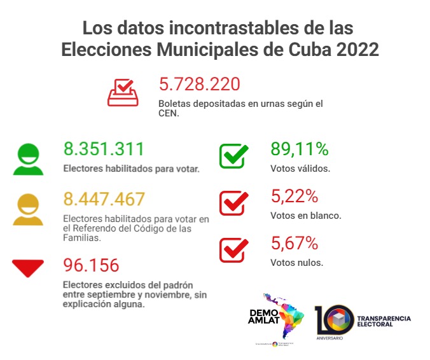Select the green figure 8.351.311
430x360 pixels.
click(x=104, y=149)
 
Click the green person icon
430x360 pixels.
click(x=28, y=159)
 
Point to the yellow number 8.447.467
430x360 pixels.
click(x=104, y=199)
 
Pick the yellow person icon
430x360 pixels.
click(x=28, y=209)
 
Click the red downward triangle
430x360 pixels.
click(x=28, y=267)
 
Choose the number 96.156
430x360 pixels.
click(x=91, y=265)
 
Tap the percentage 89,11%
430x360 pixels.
click(x=299, y=149)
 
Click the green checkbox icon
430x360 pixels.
click(x=233, y=156)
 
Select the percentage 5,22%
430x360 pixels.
click(x=294, y=196)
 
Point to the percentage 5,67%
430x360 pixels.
click(x=294, y=243)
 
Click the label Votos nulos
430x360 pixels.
click(x=296, y=262)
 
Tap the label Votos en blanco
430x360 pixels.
click(x=306, y=215)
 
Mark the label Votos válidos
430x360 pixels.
click(x=300, y=169)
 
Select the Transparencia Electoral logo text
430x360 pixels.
click(x=384, y=321)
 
